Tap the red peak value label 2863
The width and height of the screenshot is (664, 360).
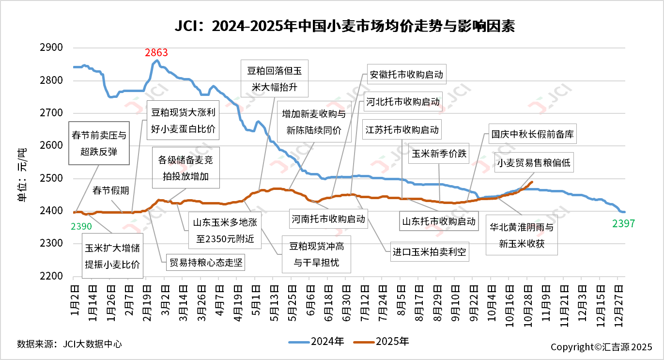point(156,53)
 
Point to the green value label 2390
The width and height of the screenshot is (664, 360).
point(81,226)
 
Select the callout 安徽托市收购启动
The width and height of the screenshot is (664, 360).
point(406,75)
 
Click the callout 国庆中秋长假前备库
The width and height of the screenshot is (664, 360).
point(532,134)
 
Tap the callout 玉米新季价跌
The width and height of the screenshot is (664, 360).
point(439,154)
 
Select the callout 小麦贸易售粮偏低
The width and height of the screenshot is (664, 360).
point(533,163)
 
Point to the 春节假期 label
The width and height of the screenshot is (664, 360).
point(111,190)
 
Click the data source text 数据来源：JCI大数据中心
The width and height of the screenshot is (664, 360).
point(69,344)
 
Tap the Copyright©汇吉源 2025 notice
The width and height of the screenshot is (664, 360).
point(601,347)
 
